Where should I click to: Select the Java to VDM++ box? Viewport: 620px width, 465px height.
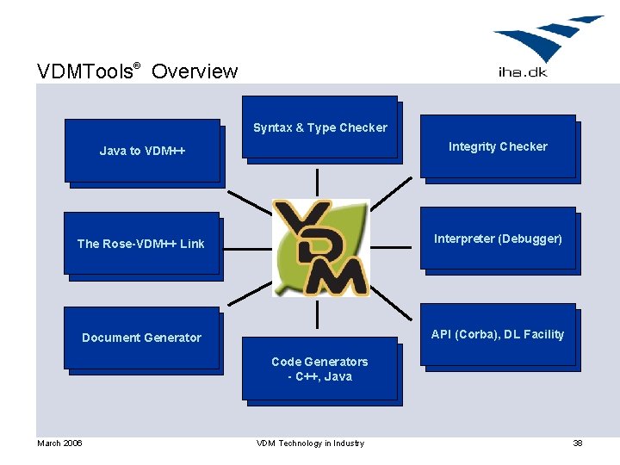(142, 151)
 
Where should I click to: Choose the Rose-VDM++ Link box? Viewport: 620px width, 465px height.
(141, 244)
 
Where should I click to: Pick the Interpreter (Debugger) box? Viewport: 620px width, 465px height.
(497, 239)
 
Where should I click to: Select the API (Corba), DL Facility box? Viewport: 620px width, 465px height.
(497, 334)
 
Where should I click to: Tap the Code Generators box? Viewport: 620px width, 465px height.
(319, 369)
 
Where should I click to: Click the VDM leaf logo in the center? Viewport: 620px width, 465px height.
(320, 248)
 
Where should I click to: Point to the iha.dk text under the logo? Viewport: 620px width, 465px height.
(523, 72)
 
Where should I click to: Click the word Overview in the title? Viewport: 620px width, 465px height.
(195, 71)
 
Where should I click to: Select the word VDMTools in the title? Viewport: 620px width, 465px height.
(84, 71)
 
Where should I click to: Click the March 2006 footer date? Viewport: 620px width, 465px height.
(59, 443)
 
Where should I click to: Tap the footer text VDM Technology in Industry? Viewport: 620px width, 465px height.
(310, 443)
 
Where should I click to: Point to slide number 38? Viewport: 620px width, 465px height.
(578, 443)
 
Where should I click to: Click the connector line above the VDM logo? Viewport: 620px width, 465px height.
(318, 182)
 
